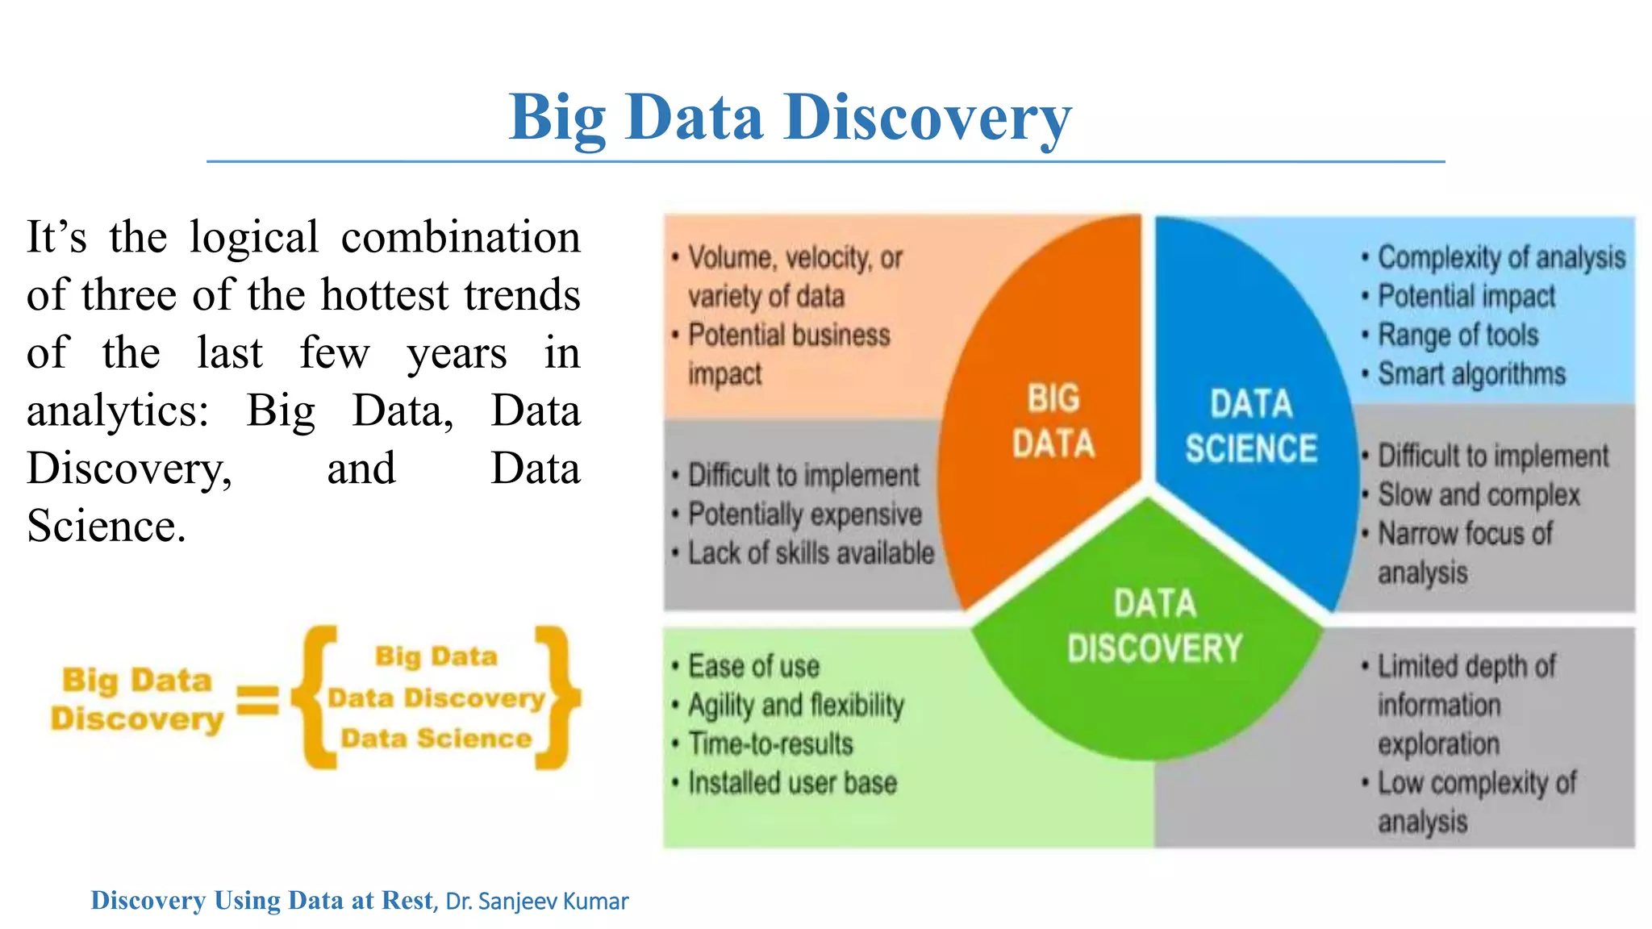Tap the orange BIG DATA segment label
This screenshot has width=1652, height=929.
[1053, 421]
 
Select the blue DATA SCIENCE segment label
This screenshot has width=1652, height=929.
[1251, 427]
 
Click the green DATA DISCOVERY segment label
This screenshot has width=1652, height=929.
[1154, 627]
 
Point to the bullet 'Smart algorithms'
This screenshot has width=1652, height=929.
[1471, 374]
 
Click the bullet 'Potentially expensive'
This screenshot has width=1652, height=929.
[804, 514]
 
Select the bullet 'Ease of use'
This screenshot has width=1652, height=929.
[753, 667]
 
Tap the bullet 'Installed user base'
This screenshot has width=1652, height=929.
[792, 783]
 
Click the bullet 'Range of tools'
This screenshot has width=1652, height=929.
[1458, 335]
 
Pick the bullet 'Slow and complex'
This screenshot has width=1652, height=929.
[1478, 495]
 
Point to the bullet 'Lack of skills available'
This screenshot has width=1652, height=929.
[810, 553]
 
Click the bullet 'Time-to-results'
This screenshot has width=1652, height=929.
[770, 744]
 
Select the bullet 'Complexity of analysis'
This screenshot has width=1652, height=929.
[1500, 257]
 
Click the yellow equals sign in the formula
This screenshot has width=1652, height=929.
[257, 700]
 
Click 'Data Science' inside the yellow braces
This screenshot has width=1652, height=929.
[436, 739]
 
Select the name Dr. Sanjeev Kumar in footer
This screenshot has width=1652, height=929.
[536, 902]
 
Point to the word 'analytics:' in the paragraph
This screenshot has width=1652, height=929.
[118, 411]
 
